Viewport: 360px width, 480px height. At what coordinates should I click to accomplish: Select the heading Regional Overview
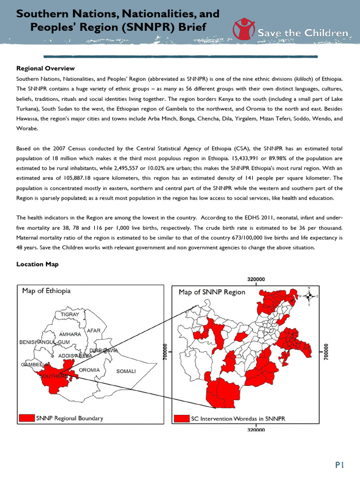[45, 68]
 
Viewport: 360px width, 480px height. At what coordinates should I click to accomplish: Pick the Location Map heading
[37, 264]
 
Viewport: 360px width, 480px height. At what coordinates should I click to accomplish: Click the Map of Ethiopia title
[46, 291]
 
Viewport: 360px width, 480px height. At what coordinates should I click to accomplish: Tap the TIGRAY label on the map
[69, 314]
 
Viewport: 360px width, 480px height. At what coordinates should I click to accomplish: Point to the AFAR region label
[94, 331]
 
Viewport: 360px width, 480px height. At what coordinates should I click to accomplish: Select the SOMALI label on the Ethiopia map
[126, 371]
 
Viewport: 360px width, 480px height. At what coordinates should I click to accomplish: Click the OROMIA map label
[89, 370]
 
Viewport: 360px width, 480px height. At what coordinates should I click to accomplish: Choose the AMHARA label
[70, 334]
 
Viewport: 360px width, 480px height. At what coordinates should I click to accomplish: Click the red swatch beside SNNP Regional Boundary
[27, 418]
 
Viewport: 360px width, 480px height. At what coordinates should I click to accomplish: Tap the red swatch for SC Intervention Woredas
[181, 418]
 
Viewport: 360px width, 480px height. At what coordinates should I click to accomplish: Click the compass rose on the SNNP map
[309, 296]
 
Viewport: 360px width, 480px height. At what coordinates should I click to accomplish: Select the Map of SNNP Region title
[212, 292]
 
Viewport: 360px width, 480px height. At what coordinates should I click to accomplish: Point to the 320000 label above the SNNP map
[255, 279]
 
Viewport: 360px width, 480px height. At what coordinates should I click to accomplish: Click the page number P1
[339, 465]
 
